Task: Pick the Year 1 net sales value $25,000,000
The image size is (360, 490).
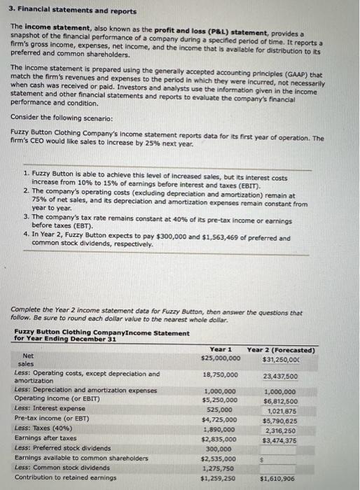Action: pyautogui.click(x=220, y=359)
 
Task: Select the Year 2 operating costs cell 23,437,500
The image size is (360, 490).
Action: pyautogui.click(x=281, y=375)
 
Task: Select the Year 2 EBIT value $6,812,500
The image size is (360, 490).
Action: pyautogui.click(x=281, y=401)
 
